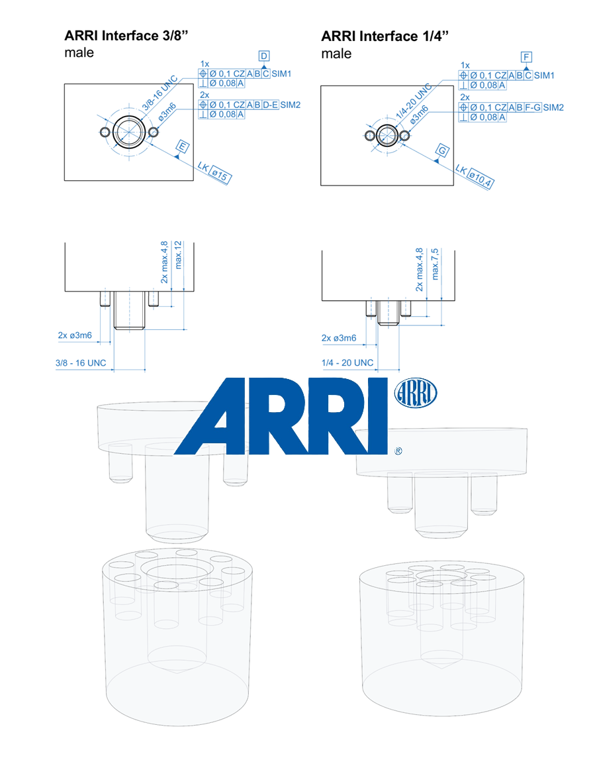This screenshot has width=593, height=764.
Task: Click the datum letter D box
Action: coord(264,56)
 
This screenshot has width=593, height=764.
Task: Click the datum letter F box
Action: coord(526,57)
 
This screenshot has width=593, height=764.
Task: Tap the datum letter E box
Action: coord(183,146)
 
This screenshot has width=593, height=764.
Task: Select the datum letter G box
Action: coord(442,150)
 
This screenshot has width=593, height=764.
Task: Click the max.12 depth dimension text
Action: coord(178,255)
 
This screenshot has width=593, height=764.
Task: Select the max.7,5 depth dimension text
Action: coord(435,264)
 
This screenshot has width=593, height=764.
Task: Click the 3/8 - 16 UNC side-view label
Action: coord(81,363)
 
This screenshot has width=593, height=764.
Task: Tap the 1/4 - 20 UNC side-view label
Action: coord(347,363)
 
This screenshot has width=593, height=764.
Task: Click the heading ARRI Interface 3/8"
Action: coord(126,36)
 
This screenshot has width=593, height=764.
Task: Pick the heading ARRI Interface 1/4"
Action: coord(385,36)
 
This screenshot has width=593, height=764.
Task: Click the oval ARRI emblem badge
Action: coord(415,393)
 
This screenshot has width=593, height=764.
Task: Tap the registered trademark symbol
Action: coord(398,451)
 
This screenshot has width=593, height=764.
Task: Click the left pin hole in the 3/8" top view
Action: coord(105,132)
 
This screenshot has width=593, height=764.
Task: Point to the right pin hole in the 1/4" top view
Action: coord(404,135)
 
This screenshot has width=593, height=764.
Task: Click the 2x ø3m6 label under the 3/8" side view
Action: coord(75,335)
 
